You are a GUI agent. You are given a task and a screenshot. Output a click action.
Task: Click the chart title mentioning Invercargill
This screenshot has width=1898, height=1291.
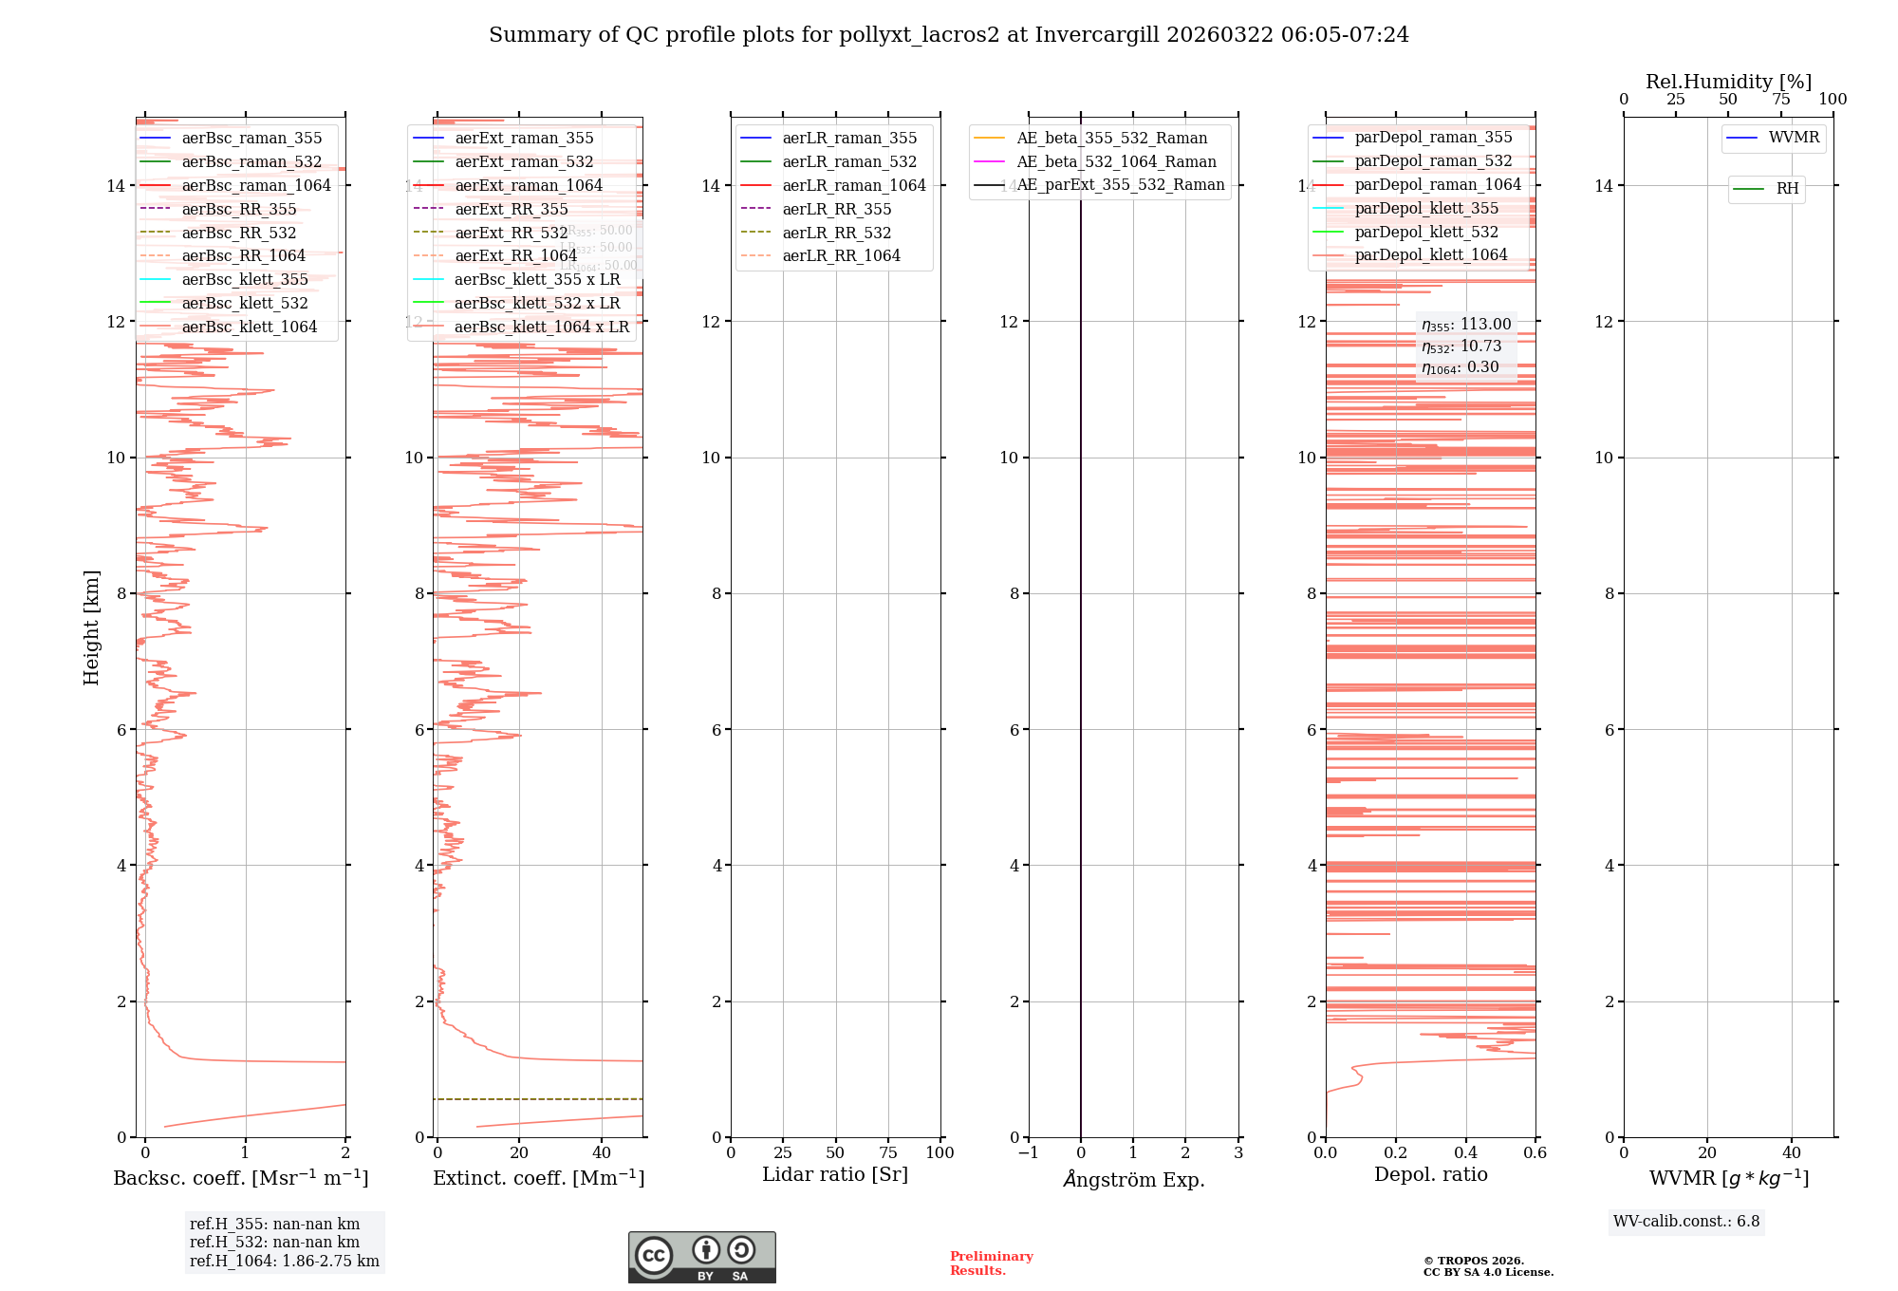[948, 35]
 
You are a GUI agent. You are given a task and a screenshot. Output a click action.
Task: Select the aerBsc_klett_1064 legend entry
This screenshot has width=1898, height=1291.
[250, 327]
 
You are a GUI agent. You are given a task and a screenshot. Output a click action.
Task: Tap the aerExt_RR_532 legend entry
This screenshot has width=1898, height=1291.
[511, 233]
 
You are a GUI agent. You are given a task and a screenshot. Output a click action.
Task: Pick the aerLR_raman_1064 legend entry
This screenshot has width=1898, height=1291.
[853, 185]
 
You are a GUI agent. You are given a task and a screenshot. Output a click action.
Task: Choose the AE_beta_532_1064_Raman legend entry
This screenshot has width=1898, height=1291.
[1116, 161]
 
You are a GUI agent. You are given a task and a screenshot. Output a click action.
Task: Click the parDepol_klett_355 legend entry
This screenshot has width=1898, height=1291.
[1426, 208]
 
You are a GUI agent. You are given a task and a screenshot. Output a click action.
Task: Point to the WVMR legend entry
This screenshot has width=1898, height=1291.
[1794, 138]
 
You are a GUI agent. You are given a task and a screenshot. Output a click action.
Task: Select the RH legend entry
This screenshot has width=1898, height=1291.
[1787, 189]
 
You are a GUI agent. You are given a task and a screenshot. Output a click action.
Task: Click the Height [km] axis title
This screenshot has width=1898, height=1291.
[91, 627]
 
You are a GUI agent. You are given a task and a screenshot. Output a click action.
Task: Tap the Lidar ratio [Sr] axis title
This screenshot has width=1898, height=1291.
[835, 1174]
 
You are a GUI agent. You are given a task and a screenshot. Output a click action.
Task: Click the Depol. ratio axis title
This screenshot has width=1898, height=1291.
[1430, 1174]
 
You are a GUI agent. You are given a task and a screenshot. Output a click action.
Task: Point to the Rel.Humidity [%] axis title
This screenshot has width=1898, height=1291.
[1728, 82]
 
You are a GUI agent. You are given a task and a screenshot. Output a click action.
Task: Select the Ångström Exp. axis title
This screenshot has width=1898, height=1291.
[1133, 1179]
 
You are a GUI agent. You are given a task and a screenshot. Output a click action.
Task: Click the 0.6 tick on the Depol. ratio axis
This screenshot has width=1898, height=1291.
[1535, 1153]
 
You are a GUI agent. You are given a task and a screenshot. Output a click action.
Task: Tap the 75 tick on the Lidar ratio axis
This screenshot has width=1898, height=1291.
[888, 1153]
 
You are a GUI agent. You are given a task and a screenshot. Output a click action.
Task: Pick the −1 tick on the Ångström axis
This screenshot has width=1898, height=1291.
[1028, 1153]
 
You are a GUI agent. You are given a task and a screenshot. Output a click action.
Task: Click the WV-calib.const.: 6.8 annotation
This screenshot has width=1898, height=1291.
[1686, 1222]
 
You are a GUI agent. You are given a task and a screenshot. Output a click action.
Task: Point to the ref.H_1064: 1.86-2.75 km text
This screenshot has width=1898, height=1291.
[285, 1262]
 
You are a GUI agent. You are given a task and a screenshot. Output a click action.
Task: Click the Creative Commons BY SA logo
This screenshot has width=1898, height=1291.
[701, 1257]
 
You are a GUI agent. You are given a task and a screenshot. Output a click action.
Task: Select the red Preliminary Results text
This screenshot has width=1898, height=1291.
[991, 1263]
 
